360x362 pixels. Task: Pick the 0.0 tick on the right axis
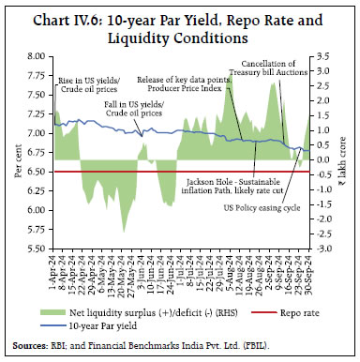(x=322, y=159)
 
